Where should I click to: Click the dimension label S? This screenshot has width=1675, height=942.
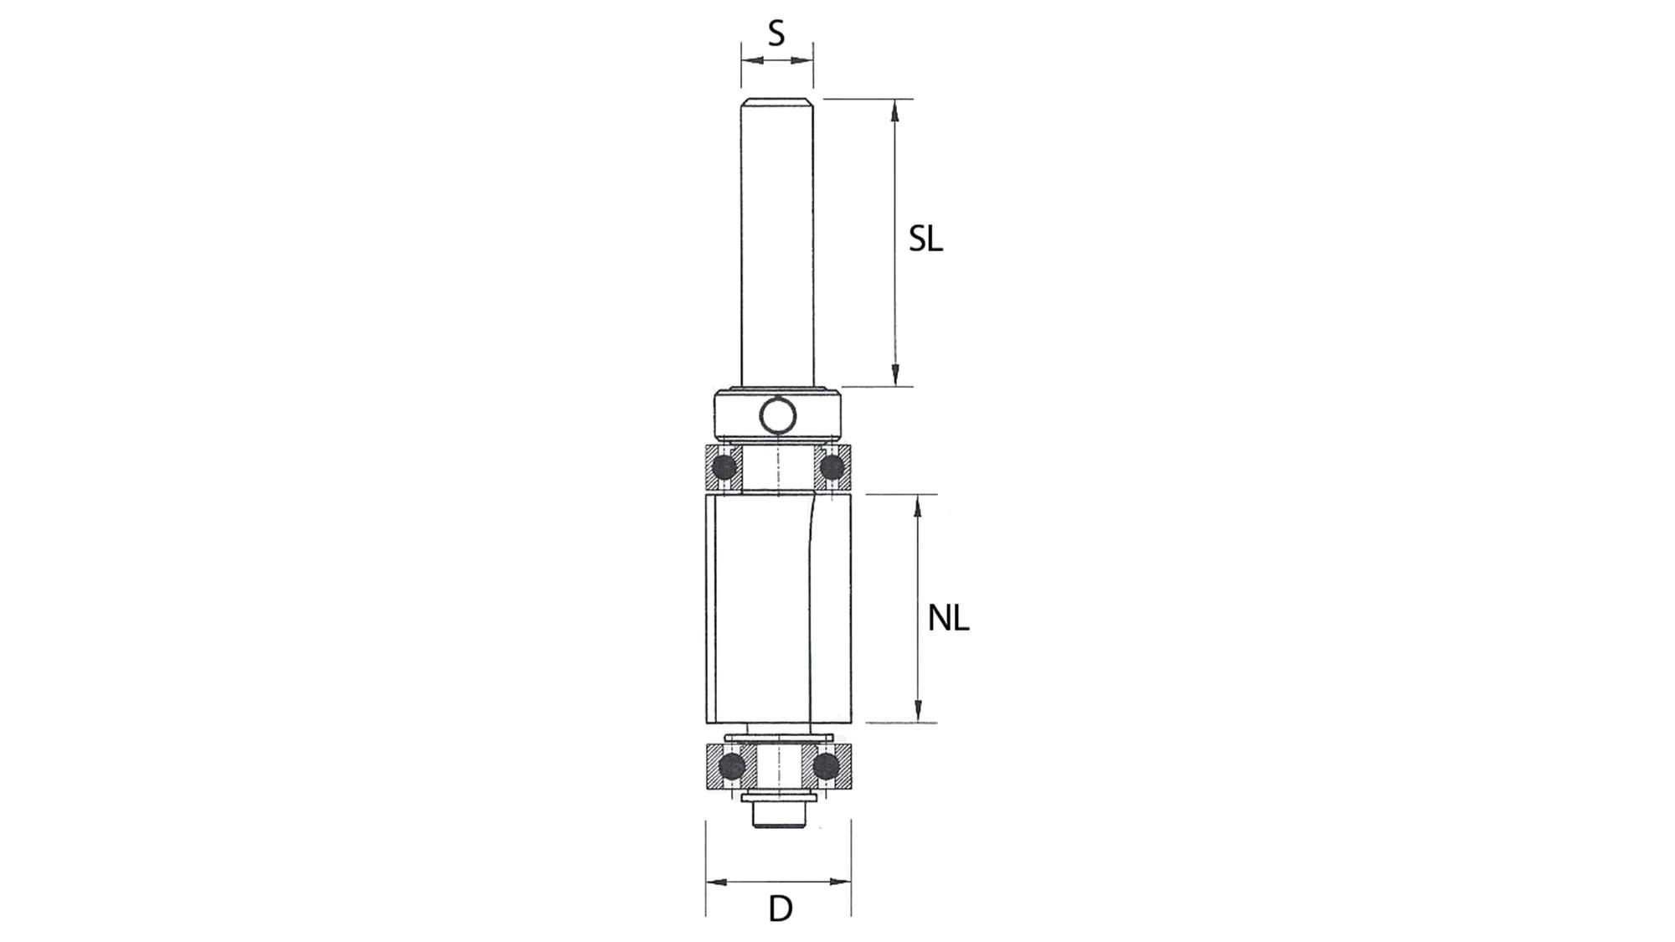[776, 33]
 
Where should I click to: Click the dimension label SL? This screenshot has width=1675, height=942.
[925, 239]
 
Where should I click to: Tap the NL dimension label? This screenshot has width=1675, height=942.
[948, 619]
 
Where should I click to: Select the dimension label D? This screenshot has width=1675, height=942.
[780, 909]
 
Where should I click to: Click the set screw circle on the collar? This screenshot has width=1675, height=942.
[777, 415]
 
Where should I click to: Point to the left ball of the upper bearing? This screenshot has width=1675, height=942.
[724, 466]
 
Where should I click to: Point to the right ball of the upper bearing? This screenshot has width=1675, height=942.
[832, 466]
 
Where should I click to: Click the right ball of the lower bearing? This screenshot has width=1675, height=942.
[826, 765]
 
